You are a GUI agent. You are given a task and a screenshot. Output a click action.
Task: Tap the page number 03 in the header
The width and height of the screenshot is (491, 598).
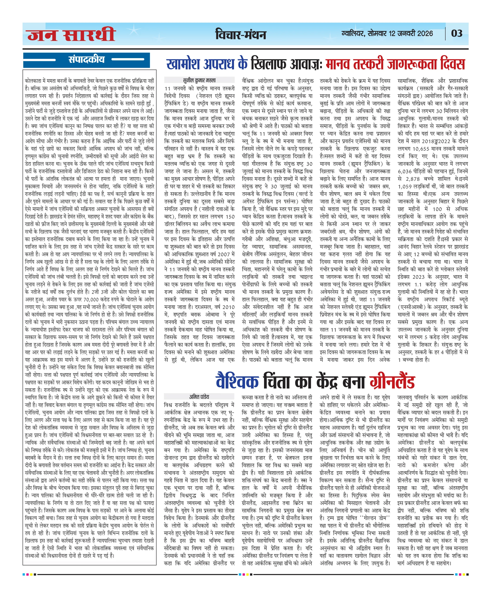[x=456, y=33]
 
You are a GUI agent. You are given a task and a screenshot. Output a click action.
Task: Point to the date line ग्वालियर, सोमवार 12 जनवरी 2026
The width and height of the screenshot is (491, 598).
[x=387, y=33]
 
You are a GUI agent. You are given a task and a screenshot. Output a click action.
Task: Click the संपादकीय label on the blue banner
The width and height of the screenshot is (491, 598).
[x=86, y=59]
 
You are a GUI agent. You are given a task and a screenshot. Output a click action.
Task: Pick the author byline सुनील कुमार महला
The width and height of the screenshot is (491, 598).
[x=199, y=80]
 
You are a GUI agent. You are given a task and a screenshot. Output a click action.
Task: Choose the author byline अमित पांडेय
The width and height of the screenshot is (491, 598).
[x=199, y=397]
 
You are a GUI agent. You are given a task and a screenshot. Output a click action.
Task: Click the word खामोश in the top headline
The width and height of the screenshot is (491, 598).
[x=184, y=64]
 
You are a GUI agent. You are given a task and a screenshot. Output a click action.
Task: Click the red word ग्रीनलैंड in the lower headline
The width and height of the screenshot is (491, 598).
[x=392, y=382]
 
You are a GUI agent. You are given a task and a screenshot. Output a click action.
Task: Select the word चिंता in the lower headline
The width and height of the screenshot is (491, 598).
[x=277, y=382]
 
